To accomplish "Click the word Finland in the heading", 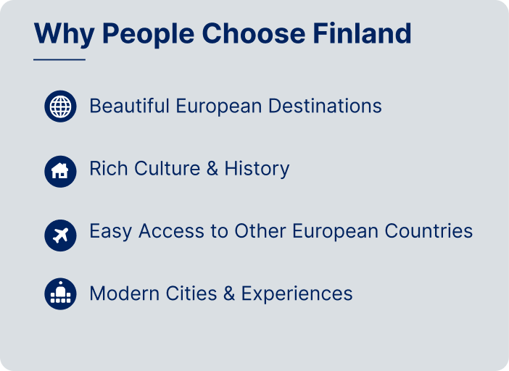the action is pyautogui.click(x=362, y=33).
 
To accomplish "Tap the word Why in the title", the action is pyautogui.click(x=65, y=35).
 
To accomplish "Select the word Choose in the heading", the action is pyautogui.click(x=254, y=33).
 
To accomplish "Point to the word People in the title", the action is pyautogui.click(x=149, y=35).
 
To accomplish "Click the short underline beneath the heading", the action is pyautogui.click(x=59, y=59).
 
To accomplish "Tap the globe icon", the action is pyautogui.click(x=60, y=107).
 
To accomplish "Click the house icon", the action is pyautogui.click(x=60, y=172).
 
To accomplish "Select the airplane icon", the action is pyautogui.click(x=60, y=235).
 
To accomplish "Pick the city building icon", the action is pyautogui.click(x=60, y=293).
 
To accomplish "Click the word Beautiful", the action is pyautogui.click(x=130, y=106).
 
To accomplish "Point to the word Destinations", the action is pyautogui.click(x=325, y=106).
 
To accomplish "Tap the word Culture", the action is pyautogui.click(x=167, y=168).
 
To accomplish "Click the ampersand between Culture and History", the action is pyautogui.click(x=212, y=168).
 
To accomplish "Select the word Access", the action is pyautogui.click(x=171, y=231).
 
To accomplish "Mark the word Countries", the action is pyautogui.click(x=429, y=231).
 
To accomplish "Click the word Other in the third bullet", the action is pyautogui.click(x=260, y=231).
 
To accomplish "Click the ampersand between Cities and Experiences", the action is pyautogui.click(x=229, y=293).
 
